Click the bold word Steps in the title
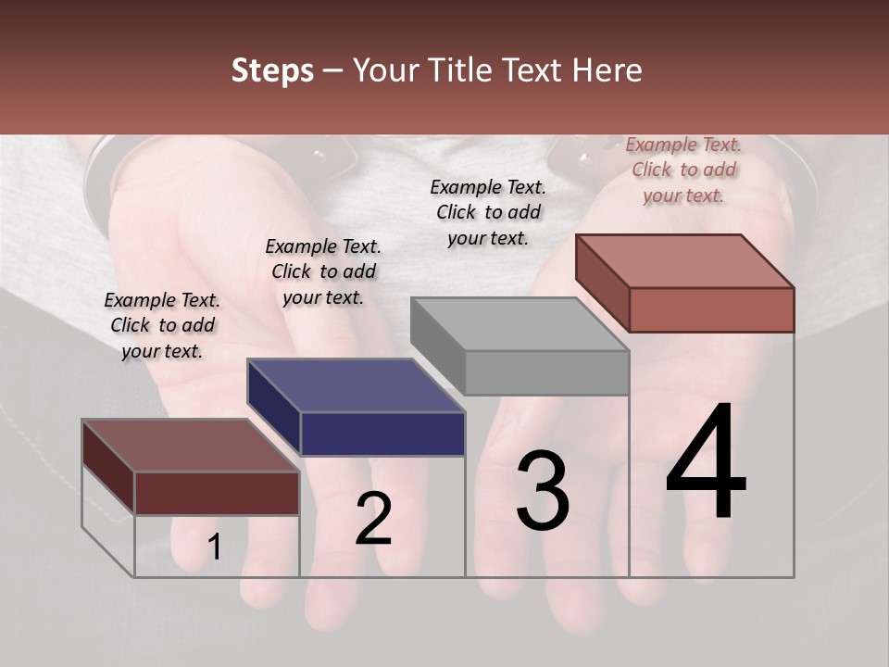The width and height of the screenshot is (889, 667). click(272, 70)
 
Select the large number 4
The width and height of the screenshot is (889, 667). click(706, 462)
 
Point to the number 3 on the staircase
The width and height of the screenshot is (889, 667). click(542, 490)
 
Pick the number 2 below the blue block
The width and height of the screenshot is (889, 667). click(373, 519)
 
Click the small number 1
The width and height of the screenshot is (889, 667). click(214, 547)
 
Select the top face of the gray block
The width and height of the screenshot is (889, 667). click(520, 324)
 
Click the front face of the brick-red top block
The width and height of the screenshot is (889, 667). click(711, 309)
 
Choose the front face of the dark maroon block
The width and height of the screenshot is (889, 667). click(217, 493)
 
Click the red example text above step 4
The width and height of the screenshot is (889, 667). click(683, 170)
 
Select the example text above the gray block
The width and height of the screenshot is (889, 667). click(488, 212)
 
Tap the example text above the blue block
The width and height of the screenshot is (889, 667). click(323, 271)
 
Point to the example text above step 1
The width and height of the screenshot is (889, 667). click(162, 325)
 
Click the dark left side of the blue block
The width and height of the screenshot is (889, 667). click(274, 408)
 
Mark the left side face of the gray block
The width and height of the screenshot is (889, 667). click(438, 346)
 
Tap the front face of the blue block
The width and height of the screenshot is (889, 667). click(382, 434)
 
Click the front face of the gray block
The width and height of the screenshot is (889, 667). click(546, 372)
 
